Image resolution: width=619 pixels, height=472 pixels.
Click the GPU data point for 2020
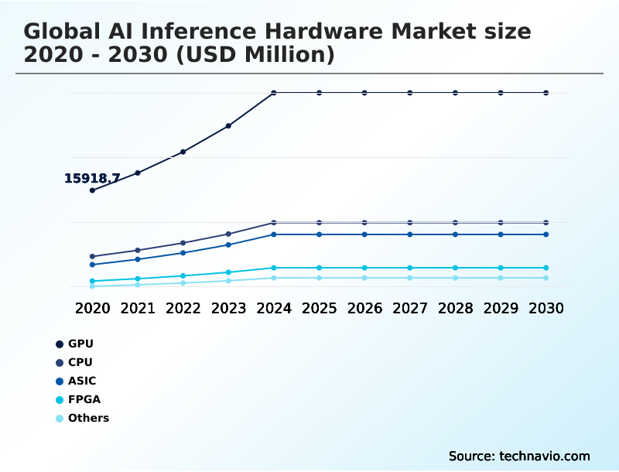pos(93,190)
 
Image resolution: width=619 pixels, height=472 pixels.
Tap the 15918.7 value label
pos(91,179)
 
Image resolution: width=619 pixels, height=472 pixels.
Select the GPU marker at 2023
pos(228,125)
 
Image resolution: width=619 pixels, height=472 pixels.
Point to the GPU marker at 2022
pos(183,152)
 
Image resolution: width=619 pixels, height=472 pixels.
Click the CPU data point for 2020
pos(93,256)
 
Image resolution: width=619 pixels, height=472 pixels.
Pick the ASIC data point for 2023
pos(228,245)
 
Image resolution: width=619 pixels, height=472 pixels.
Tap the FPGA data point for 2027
pos(410,268)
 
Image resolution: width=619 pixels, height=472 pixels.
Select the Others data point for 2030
pos(546,278)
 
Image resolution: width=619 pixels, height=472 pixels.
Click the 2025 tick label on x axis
pos(319,308)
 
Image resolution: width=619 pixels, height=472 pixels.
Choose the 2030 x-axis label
pos(546,308)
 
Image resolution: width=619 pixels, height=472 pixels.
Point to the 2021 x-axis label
pos(138,308)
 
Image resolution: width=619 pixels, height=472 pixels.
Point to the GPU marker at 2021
pos(138,173)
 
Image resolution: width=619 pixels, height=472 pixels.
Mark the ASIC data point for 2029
pos(501,234)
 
